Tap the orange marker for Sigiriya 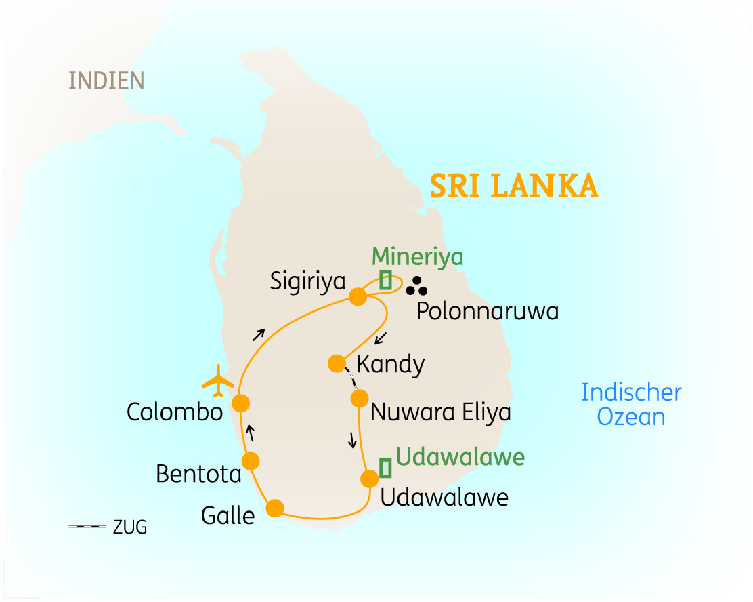[358, 296]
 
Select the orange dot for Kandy [336, 363]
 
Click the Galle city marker [275, 508]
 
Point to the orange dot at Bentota [251, 461]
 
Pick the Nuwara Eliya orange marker [359, 398]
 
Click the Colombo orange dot [240, 403]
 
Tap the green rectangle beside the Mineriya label [385, 280]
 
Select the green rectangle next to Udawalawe [385, 467]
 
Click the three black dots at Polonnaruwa [416, 287]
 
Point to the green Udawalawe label [460, 457]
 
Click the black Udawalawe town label [444, 498]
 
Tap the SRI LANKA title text [514, 186]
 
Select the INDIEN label [106, 81]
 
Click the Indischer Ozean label [631, 404]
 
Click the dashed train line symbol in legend [87, 527]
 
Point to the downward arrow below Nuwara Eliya [352, 441]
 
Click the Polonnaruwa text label [487, 311]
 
